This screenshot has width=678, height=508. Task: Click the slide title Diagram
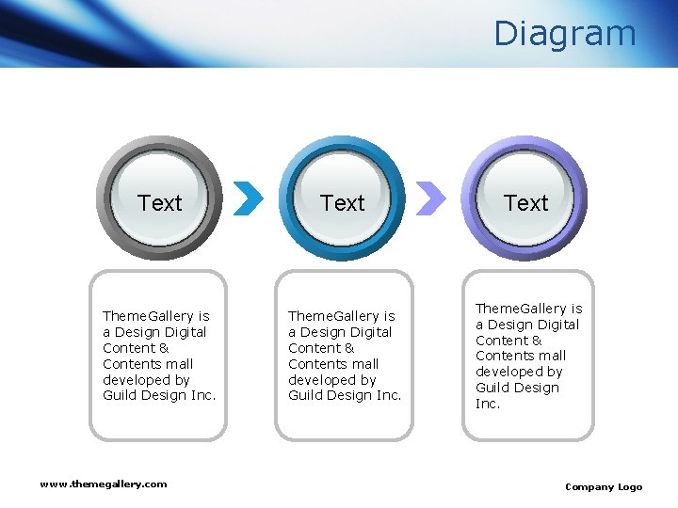pos(565,34)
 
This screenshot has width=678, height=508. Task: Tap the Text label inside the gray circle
pos(160,203)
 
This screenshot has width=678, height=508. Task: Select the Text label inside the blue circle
pos(342,203)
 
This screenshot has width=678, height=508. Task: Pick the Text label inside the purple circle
pos(525,203)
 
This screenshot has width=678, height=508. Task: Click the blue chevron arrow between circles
pos(248,198)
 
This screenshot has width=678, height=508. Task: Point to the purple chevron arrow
pos(430,198)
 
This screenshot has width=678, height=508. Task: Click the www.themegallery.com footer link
pos(104,484)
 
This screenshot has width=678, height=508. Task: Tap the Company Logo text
pos(604,486)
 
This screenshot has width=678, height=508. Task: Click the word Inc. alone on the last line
pos(488,404)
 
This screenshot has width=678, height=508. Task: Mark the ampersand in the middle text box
pos(349,348)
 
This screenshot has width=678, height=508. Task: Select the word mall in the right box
pos(551,356)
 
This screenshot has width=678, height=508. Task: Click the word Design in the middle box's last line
pos(349,396)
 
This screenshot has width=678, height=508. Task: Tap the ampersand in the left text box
pos(164,348)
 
